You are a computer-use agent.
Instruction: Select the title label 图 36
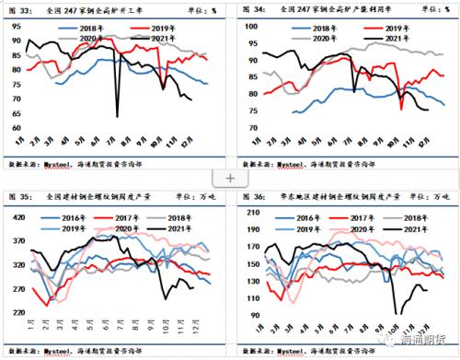250,194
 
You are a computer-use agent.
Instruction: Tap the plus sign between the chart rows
230,177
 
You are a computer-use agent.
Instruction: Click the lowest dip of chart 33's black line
117,116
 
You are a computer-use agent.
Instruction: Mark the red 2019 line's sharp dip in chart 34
401,110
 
